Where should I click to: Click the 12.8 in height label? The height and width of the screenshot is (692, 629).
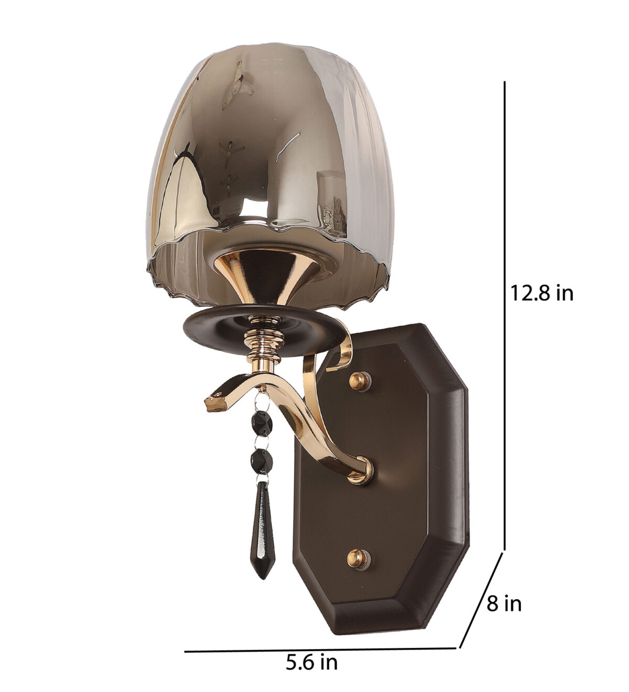point(541,293)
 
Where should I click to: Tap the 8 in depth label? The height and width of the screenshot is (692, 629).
point(504,603)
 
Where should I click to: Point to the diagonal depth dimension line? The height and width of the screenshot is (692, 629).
point(481,605)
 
